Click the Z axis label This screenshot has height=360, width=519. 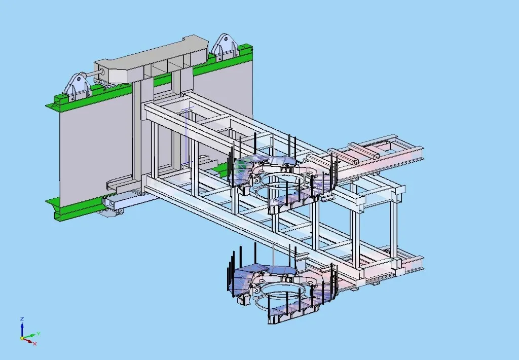22,318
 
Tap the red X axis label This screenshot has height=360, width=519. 35,343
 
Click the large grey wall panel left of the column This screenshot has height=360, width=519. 94,147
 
